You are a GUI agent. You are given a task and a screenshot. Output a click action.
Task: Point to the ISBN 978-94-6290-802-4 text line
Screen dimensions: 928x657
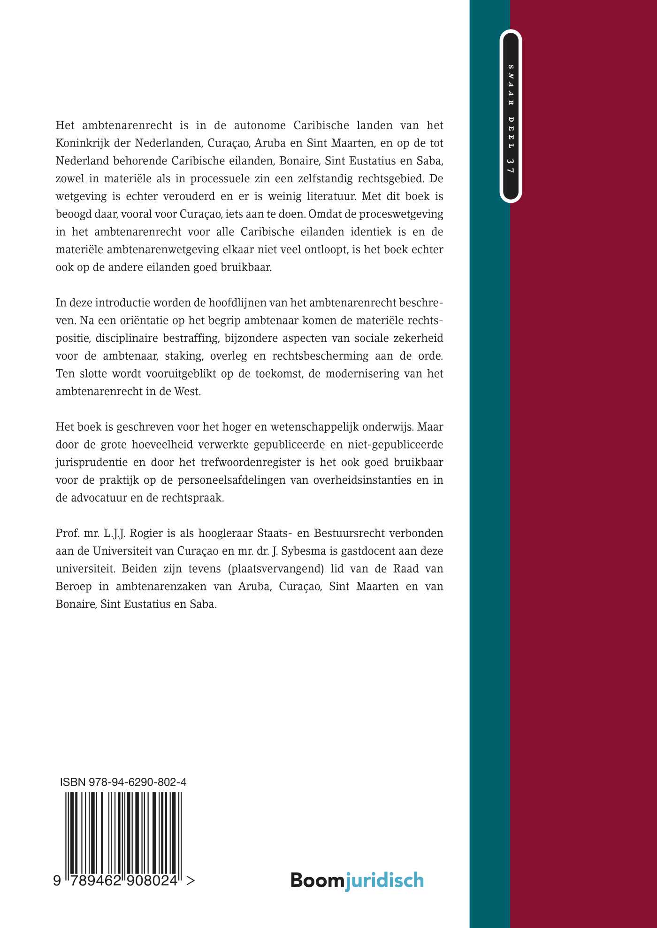click(x=123, y=782)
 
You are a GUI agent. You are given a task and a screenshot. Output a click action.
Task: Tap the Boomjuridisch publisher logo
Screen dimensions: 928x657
click(x=357, y=880)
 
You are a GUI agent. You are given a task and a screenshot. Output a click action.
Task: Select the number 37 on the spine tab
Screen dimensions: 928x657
click(x=511, y=166)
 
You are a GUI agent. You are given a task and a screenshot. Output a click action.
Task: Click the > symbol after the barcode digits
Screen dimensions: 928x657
click(x=190, y=881)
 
